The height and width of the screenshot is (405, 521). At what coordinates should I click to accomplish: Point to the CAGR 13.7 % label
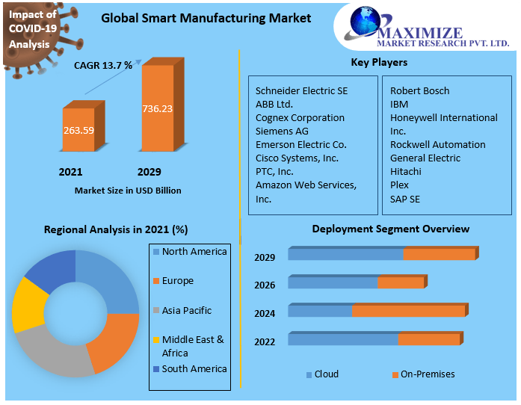[x=103, y=66]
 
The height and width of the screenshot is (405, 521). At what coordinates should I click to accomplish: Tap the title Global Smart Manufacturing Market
[x=206, y=18]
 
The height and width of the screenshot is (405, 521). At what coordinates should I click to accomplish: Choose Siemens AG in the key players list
[x=282, y=132]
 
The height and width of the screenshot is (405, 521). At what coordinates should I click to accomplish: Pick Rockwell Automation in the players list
[x=437, y=145]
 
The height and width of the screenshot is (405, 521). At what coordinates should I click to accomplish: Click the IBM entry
[x=399, y=105]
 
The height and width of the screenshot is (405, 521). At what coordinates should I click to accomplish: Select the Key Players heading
[x=379, y=63]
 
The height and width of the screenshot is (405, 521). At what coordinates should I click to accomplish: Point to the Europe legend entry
[x=177, y=281]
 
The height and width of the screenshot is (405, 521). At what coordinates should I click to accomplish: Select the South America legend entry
[x=194, y=369]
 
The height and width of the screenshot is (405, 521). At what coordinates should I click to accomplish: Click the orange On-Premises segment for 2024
[x=408, y=311]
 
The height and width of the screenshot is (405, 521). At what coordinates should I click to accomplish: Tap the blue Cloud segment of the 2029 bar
[x=345, y=255]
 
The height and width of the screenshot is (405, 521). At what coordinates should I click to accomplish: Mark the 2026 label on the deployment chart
[x=265, y=285]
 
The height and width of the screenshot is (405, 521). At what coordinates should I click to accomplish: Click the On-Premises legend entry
[x=427, y=374]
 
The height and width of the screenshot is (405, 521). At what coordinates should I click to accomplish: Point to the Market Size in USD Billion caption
[x=128, y=191]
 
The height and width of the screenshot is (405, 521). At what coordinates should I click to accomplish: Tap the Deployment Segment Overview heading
[x=390, y=229]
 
